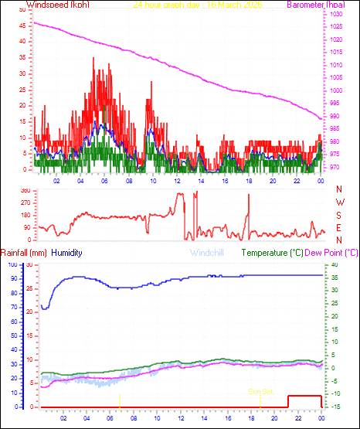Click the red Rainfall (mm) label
pyautogui.click(x=24, y=253)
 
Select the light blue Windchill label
pyautogui.click(x=209, y=253)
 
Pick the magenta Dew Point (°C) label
pyautogui.click(x=332, y=253)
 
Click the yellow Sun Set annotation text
pyautogui.click(x=260, y=391)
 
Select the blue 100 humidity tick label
pyautogui.click(x=12, y=264)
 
